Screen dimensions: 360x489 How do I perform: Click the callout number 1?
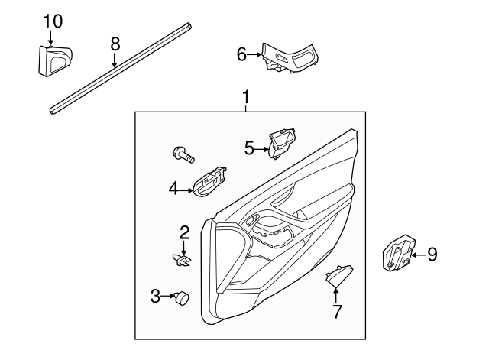246,98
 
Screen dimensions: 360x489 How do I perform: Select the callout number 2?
184,232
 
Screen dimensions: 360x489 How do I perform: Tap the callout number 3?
155,296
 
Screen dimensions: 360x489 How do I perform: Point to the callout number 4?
173,187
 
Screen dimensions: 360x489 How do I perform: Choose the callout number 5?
249,148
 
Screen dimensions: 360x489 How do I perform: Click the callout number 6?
241,54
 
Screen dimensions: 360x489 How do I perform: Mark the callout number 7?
337,310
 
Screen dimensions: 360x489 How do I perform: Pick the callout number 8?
115,44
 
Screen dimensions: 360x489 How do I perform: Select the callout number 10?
52,21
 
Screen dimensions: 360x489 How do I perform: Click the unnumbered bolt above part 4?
183,155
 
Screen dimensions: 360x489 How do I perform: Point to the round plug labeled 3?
182,297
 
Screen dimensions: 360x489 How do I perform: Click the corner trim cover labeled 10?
53,60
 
